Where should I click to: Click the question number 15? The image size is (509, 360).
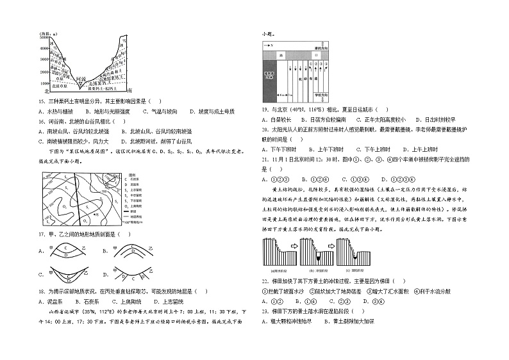(x=42, y=101)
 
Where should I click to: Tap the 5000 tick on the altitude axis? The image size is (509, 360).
(x=44, y=38)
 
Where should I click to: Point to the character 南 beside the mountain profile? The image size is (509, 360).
(x=130, y=90)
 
